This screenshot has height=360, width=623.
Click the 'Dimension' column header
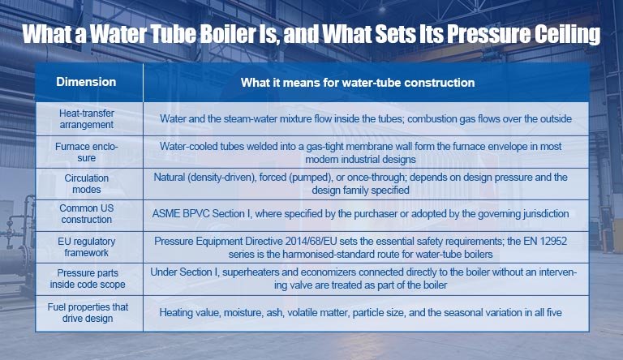pos(86,82)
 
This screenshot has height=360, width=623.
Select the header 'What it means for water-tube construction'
pos(358,83)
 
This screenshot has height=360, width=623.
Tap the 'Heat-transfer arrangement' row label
pos(87,119)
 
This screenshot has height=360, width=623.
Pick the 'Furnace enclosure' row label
pos(87,152)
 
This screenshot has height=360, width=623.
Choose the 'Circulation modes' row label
pos(87,183)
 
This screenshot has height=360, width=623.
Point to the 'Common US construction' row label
pos(87,214)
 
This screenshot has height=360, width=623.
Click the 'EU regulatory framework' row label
pos(87,246)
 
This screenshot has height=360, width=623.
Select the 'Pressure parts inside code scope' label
pos(88,279)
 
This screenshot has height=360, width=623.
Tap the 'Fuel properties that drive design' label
pos(88,312)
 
